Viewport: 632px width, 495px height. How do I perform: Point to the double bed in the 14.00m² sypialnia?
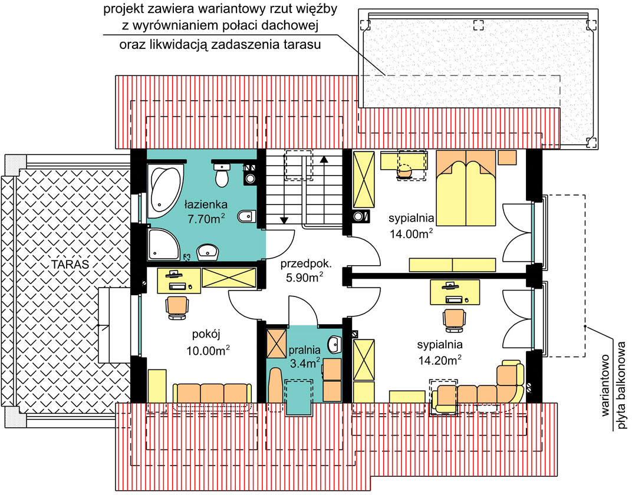[466, 188]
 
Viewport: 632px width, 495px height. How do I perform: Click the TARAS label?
[70, 265]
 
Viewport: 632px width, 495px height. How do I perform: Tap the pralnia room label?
[304, 350]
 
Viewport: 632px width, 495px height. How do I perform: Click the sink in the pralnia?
[334, 343]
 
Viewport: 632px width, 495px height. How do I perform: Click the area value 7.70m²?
[206, 219]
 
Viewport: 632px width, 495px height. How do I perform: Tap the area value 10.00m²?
[208, 351]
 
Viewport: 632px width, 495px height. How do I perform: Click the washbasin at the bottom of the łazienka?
[207, 252]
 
